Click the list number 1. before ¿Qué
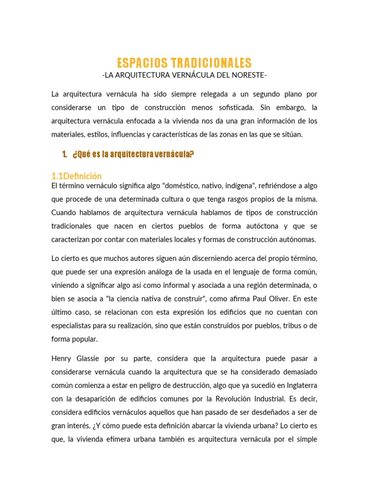[65, 154]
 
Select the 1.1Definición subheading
[76, 176]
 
